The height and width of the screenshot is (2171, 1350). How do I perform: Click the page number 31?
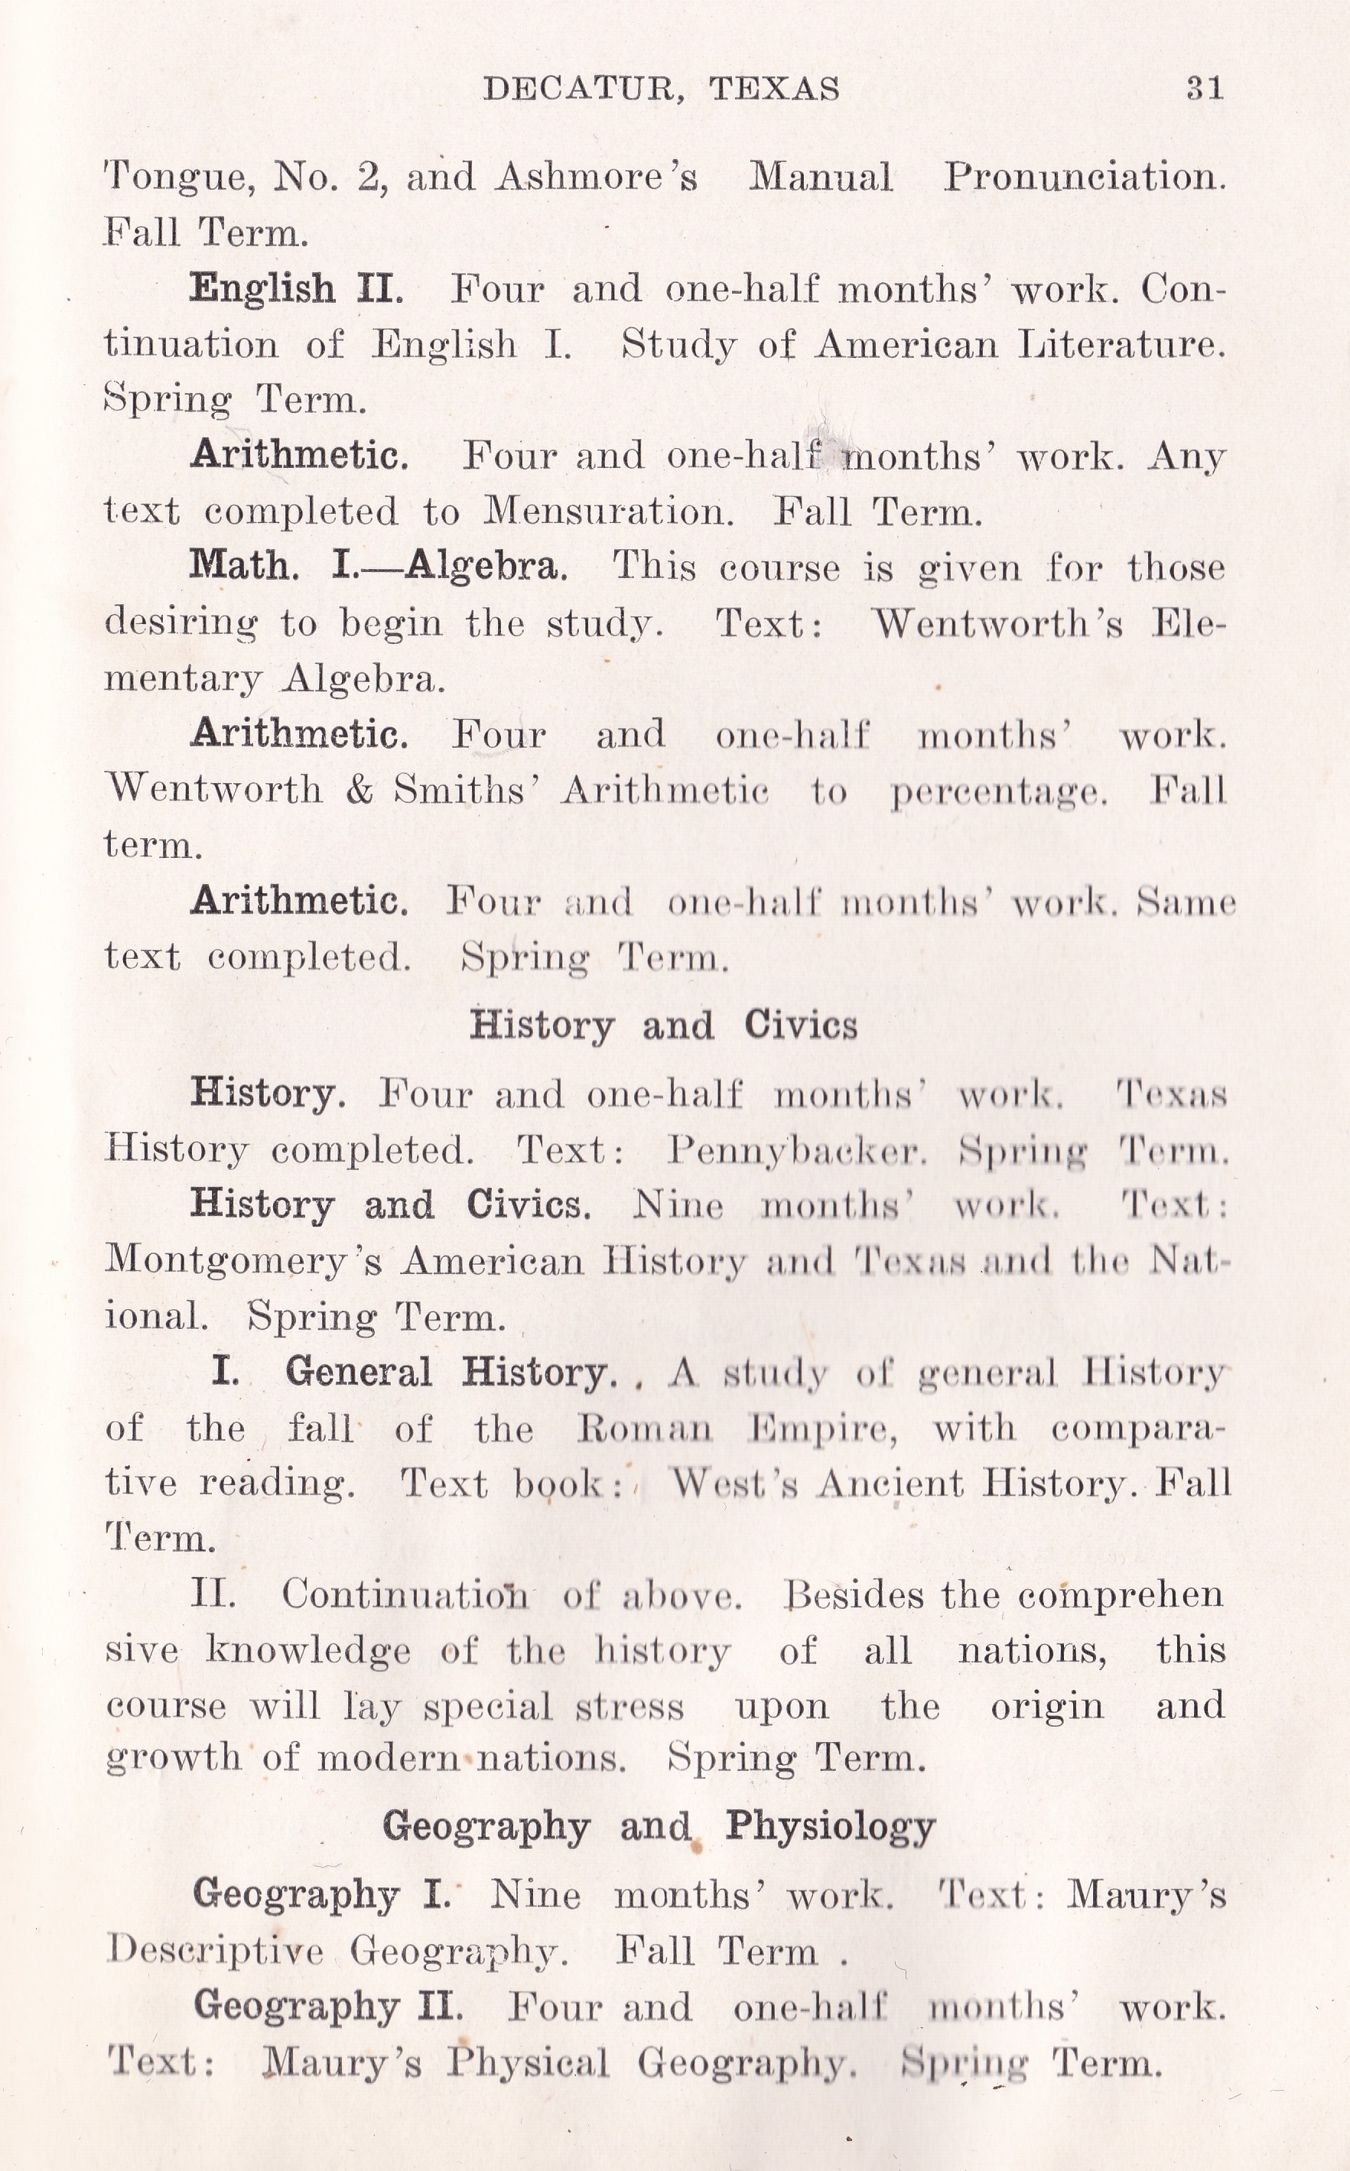(1205, 89)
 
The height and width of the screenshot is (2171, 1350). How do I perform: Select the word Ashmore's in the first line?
(597, 177)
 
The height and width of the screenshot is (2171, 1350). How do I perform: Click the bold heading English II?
(298, 289)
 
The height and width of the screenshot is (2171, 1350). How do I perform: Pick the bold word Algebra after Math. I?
(486, 567)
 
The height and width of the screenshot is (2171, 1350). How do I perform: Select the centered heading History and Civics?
(663, 1025)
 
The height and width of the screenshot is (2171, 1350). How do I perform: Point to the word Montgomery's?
(244, 1263)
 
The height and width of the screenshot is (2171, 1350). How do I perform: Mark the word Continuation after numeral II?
(405, 1594)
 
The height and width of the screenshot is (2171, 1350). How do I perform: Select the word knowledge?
(309, 1649)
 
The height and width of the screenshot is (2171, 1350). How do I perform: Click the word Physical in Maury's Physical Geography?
(529, 2062)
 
